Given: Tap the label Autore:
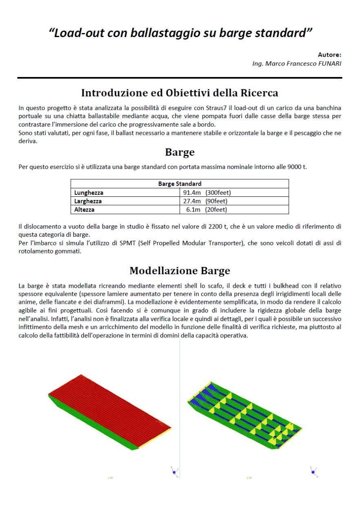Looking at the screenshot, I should click(329, 54).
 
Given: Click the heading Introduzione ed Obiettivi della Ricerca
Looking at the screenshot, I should click(179, 93).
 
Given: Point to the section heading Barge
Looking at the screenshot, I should click(179, 152).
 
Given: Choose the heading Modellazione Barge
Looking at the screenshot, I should click(179, 271).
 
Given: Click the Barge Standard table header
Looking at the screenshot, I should click(179, 184).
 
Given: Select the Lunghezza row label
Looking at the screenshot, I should click(88, 193).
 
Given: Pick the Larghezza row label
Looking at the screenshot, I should click(88, 201).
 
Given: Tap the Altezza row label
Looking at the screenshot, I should click(84, 210).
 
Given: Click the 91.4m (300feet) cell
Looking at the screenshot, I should click(207, 193).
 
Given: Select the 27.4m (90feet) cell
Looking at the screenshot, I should click(205, 201).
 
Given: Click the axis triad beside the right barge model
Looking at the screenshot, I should click(314, 471).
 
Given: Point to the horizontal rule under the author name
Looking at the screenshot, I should click(179, 77).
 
